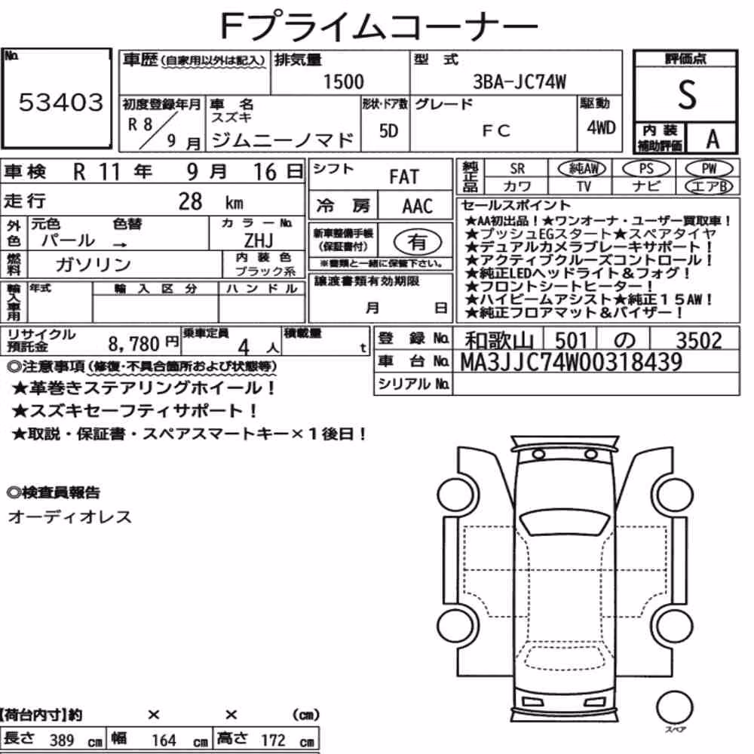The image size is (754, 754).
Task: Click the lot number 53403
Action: pos(61,102)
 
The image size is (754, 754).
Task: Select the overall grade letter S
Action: pos(687,95)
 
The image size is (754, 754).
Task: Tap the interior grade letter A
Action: pos(713,139)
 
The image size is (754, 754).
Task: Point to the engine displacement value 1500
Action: pos(343,81)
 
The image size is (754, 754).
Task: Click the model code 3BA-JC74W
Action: pos(520,82)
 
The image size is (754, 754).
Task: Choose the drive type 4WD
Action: pos(601,127)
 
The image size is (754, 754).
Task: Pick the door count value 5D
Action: pos(388,130)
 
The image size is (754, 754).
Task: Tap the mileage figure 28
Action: pos(191,201)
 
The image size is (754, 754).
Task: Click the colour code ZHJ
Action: pos(259,240)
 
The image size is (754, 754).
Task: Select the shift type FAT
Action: pos(404,177)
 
